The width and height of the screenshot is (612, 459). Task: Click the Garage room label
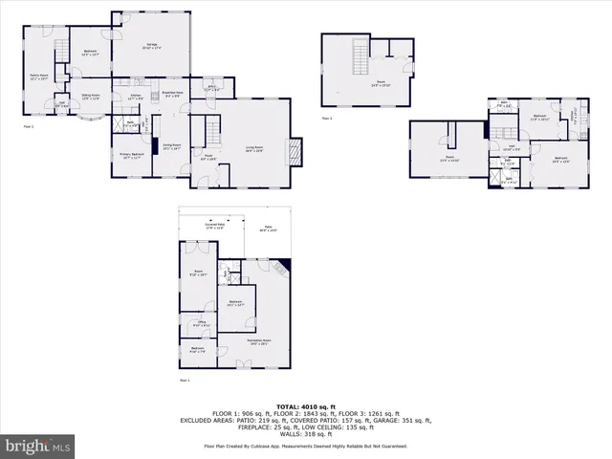point(152,46)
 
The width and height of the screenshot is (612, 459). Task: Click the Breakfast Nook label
point(173,94)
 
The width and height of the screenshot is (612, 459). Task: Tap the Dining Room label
point(171,147)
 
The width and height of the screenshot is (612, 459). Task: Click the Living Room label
point(254,149)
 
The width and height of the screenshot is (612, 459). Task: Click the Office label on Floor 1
point(200,325)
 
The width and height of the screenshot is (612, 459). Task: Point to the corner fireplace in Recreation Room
point(285,265)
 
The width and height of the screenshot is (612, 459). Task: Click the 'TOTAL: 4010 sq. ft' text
point(305,405)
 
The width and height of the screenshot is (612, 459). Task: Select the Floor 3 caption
point(327,119)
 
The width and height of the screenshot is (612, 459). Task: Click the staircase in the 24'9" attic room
point(361,59)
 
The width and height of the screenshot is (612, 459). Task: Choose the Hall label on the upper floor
point(510,147)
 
